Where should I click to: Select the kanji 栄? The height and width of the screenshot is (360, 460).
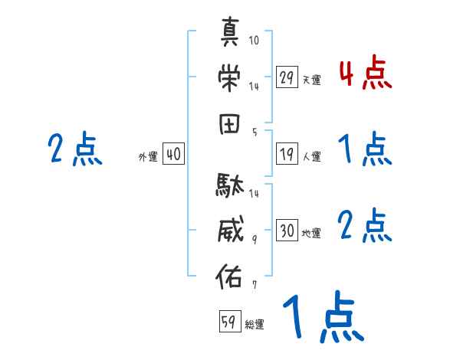(230, 77)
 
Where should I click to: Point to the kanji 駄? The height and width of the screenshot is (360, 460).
(230, 185)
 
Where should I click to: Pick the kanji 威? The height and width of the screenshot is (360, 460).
(230, 228)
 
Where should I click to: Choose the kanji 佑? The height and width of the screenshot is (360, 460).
(230, 273)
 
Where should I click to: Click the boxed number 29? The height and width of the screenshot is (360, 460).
(287, 77)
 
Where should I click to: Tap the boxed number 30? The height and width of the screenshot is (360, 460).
(287, 231)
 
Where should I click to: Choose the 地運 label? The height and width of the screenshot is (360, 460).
(311, 233)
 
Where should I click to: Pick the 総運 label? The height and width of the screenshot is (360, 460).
(255, 324)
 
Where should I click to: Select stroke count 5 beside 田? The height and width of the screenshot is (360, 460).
(254, 132)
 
